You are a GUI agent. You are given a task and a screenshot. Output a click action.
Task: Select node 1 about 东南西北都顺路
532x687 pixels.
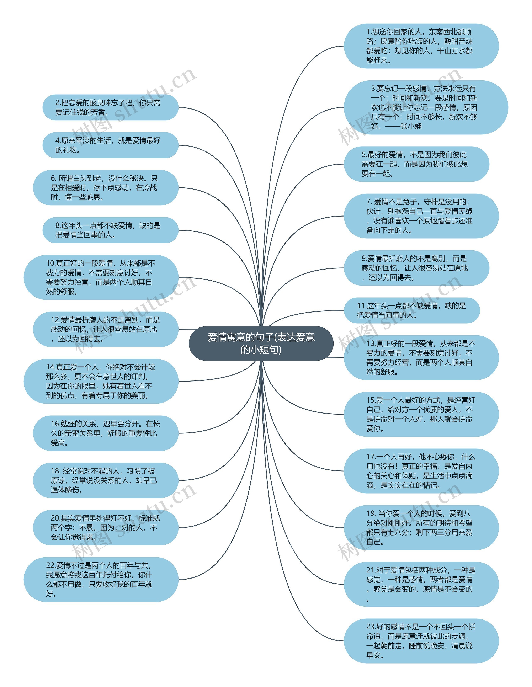point(421,46)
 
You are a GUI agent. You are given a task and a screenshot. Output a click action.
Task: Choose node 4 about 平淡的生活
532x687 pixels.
point(110,145)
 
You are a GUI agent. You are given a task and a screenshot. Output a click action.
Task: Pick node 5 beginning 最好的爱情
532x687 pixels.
point(416,164)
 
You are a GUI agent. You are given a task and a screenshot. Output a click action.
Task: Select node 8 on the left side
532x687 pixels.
point(110,230)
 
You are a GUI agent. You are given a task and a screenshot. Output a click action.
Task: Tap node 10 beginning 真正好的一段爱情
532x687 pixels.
point(101,277)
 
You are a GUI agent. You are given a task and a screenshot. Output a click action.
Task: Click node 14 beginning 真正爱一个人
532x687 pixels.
point(101,381)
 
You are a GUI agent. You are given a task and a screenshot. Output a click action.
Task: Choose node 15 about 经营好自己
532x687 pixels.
point(421,414)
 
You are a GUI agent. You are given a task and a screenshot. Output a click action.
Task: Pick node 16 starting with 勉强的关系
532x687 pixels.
point(106,433)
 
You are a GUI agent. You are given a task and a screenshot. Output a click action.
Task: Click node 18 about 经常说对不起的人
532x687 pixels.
point(106,480)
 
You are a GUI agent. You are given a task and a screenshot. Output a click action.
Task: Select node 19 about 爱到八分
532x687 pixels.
point(421,528)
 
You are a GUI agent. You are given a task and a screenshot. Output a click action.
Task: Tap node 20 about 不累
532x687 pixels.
point(106,528)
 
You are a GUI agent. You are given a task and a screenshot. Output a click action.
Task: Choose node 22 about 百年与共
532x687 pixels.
point(101,579)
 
